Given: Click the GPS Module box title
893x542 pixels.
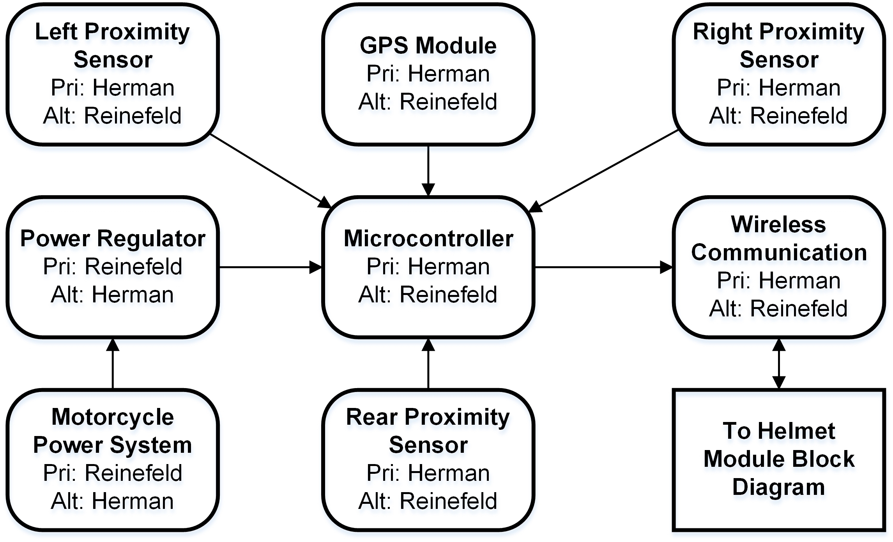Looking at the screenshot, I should pyautogui.click(x=428, y=46).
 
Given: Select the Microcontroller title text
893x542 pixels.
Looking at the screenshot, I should pyautogui.click(x=428, y=238).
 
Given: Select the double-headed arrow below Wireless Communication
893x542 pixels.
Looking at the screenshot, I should pyautogui.click(x=778, y=364).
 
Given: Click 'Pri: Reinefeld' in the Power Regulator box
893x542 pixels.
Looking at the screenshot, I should pyautogui.click(x=113, y=267).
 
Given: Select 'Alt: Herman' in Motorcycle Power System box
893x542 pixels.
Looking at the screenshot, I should pyautogui.click(x=113, y=501).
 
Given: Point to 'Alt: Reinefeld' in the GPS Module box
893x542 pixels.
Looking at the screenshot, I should pyautogui.click(x=428, y=102).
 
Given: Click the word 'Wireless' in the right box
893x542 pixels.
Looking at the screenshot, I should pyautogui.click(x=778, y=224).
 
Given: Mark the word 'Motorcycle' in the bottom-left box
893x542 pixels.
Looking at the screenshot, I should pyautogui.click(x=113, y=417).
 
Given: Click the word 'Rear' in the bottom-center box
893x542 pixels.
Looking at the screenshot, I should pyautogui.click(x=371, y=417).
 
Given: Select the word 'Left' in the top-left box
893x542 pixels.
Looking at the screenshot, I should pyautogui.click(x=57, y=32).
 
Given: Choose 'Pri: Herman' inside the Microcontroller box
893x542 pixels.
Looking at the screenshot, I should pyautogui.click(x=428, y=267).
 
